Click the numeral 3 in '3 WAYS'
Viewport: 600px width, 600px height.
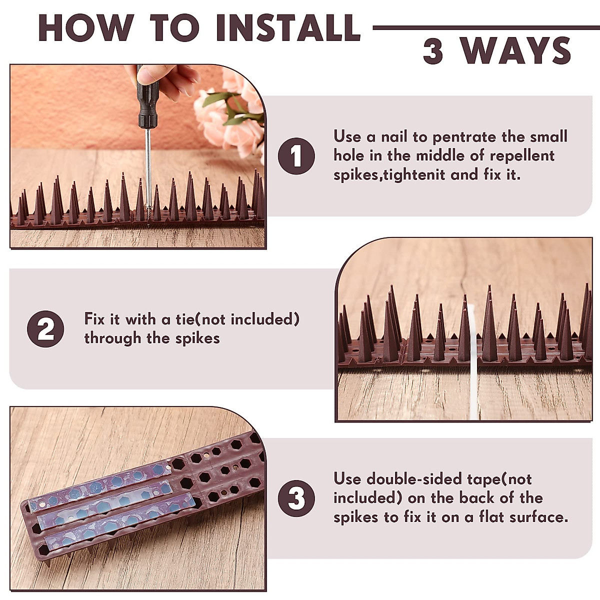point(433,51)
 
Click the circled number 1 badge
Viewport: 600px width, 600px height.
point(296,156)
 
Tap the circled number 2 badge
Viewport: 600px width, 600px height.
point(45,329)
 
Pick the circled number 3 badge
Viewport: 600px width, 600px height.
point(296,498)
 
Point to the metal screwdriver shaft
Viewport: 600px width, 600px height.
point(148,165)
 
